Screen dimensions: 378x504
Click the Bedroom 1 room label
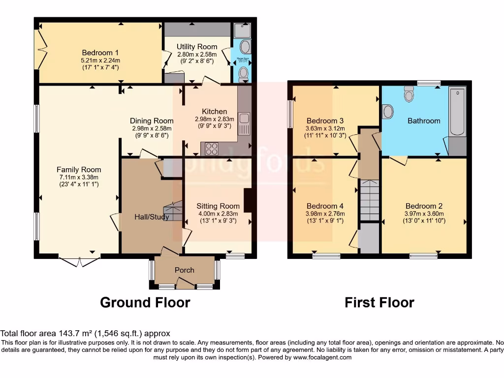point(100,52)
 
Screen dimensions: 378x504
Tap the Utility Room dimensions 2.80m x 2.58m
point(197,54)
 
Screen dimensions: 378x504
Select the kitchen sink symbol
point(243,124)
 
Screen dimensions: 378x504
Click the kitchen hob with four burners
point(212,148)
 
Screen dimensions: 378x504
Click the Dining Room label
point(152,121)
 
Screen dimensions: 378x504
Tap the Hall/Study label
point(152,217)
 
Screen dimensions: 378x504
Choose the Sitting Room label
point(218,206)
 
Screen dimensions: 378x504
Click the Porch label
point(185,270)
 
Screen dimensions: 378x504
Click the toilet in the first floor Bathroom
point(409,94)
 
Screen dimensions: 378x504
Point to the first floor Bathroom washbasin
point(388,112)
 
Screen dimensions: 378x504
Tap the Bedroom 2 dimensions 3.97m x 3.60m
point(424,214)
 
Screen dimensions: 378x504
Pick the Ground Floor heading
point(145,302)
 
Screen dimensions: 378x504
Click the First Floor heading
point(379,302)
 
